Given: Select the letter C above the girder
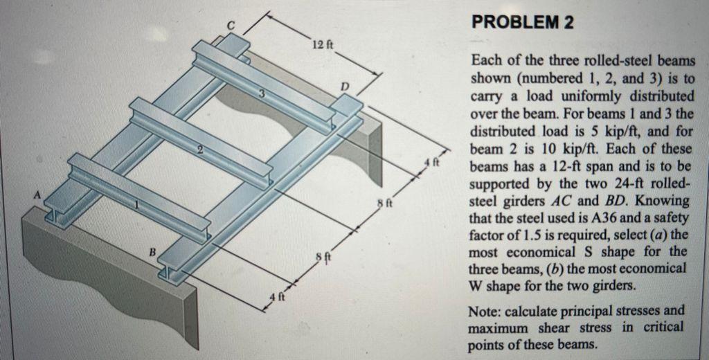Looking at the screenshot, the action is click(x=232, y=26).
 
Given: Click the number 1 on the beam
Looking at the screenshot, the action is click(x=136, y=206).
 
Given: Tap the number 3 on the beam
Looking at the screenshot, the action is click(x=262, y=94).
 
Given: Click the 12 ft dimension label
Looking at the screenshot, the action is click(x=321, y=46).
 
